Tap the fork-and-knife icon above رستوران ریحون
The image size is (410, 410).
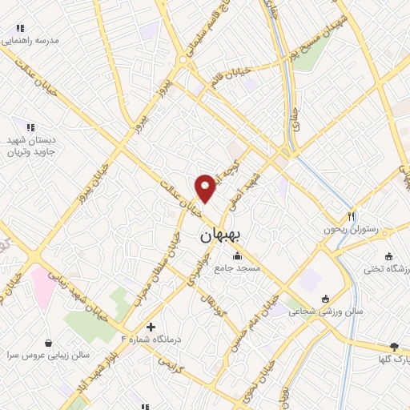pos(351,216)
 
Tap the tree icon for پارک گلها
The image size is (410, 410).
pos(393,347)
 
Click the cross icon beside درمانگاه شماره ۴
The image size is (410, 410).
pos(151,327)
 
